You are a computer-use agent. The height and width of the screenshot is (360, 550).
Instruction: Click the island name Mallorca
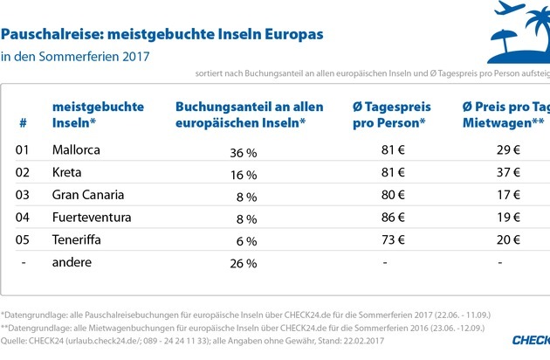click(76, 149)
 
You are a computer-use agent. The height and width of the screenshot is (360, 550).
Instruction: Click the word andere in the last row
click(72, 262)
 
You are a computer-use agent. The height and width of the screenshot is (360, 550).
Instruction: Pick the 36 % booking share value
click(242, 150)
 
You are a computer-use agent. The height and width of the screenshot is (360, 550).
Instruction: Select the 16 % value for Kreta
click(242, 173)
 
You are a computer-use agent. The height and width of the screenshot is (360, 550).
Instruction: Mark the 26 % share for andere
click(242, 263)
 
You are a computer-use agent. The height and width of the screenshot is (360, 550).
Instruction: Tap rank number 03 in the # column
click(24, 194)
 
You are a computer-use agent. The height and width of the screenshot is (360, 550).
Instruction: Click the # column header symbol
click(23, 122)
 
